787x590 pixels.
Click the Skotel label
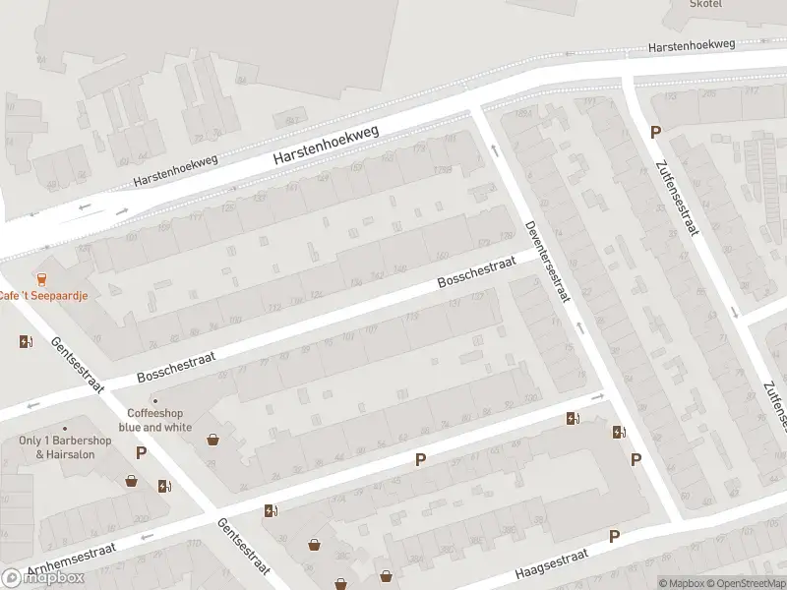click(705, 4)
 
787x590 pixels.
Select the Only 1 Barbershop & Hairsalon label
click(66, 447)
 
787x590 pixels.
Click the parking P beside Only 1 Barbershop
click(141, 453)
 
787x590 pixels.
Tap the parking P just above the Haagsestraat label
click(614, 536)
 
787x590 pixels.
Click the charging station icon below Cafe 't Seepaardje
click(25, 341)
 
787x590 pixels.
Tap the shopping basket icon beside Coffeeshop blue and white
click(212, 440)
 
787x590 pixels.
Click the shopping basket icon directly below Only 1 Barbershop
click(131, 481)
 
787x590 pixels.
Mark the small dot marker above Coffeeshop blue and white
click(155, 400)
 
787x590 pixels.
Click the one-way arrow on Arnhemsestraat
click(147, 537)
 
